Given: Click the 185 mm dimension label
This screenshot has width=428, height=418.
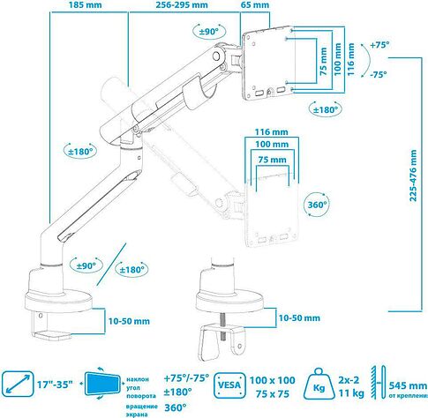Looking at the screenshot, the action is pyautogui.click(x=86, y=5).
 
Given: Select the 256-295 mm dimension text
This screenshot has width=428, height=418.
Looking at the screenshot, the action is pyautogui.click(x=182, y=5).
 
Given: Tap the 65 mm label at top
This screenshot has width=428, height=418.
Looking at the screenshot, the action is pyautogui.click(x=255, y=5).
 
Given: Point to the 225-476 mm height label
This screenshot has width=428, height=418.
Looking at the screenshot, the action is pyautogui.click(x=413, y=175).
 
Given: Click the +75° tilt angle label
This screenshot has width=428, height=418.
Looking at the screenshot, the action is pyautogui.click(x=379, y=45).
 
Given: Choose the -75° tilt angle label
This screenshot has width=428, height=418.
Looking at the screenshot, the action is pyautogui.click(x=379, y=74).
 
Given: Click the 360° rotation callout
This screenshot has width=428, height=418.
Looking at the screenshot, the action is pyautogui.click(x=317, y=205).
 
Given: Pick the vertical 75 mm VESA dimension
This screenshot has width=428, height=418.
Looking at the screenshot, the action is pyautogui.click(x=323, y=62).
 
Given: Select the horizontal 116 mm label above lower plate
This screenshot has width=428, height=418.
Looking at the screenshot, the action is pyautogui.click(x=271, y=132).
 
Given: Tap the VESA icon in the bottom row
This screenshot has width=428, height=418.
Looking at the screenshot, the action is pyautogui.click(x=229, y=385).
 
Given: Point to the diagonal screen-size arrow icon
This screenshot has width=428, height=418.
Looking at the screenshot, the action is pyautogui.click(x=18, y=384).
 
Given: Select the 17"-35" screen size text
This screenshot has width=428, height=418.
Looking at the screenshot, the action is pyautogui.click(x=55, y=384).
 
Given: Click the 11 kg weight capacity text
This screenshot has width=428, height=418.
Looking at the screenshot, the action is pyautogui.click(x=351, y=392).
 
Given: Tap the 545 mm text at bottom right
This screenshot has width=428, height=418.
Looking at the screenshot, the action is pyautogui.click(x=408, y=385).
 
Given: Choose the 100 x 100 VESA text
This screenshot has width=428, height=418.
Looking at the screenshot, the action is pyautogui.click(x=273, y=380).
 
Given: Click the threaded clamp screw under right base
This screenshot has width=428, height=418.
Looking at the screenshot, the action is pyautogui.click(x=222, y=326).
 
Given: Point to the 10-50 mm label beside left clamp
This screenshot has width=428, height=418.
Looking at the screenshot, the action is pyautogui.click(x=129, y=321).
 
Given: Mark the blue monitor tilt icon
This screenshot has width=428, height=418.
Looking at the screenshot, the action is pyautogui.click(x=102, y=384).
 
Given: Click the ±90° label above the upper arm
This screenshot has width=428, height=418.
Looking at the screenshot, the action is pyautogui.click(x=209, y=31).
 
